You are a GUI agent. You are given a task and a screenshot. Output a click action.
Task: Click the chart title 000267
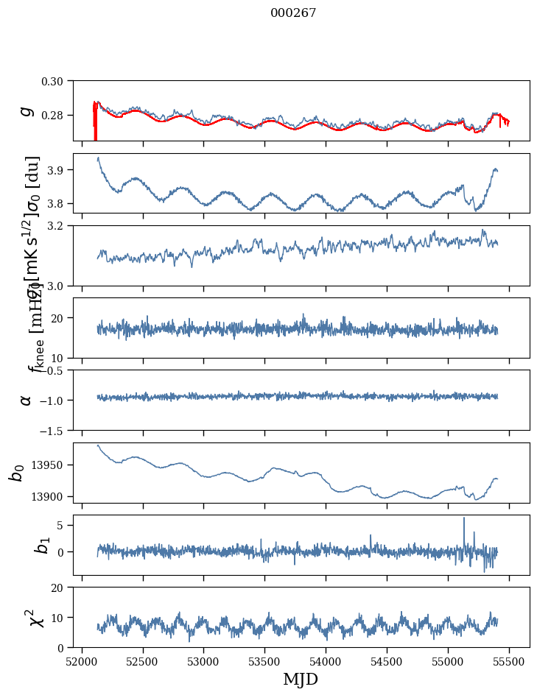[293, 13]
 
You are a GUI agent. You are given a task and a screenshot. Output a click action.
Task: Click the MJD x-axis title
[301, 679]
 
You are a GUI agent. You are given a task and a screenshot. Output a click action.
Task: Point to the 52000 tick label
[82, 661]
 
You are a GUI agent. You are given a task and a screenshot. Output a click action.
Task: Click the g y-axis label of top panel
[27, 110]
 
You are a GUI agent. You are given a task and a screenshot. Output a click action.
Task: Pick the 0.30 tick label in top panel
[57, 80]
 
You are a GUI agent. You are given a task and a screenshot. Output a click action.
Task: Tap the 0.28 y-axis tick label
[57, 116]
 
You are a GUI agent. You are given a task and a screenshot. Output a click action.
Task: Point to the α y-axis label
[27, 400]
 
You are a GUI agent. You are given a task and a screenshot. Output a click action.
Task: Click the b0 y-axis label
[16, 472]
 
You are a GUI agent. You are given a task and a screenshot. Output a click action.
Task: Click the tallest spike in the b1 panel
[464, 518]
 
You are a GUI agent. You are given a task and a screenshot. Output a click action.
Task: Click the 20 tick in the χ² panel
[61, 587]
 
